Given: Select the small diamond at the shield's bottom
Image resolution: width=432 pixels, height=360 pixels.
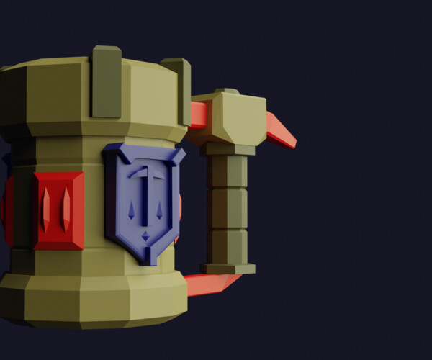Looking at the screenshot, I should point(145,235).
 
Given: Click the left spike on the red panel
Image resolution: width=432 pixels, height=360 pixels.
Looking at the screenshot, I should point(47,209).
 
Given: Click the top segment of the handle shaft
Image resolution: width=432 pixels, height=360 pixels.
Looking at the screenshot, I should point(228,171).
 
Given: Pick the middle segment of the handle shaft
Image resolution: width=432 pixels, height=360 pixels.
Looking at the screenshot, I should point(228,209).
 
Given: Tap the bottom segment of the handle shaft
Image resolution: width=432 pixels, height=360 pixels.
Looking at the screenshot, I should point(228,246).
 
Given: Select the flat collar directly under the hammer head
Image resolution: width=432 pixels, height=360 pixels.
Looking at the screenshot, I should point(228,149).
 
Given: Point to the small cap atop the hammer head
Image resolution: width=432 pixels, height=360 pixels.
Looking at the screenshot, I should point(227,91).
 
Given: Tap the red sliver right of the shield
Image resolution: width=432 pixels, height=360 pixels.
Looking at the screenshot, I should point(179,209).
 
